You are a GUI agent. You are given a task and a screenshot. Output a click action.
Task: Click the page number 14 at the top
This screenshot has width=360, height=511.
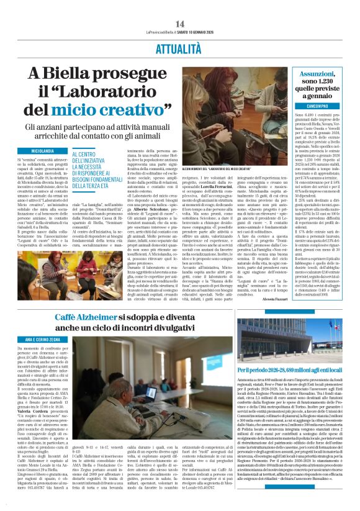click(180, 24)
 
